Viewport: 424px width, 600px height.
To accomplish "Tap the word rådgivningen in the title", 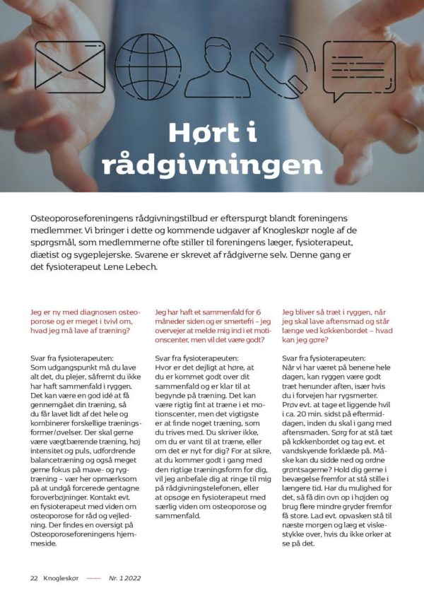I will click(212, 164).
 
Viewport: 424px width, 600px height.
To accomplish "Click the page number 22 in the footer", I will click(33, 577).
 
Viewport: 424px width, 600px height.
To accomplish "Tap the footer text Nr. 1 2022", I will click(124, 577).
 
